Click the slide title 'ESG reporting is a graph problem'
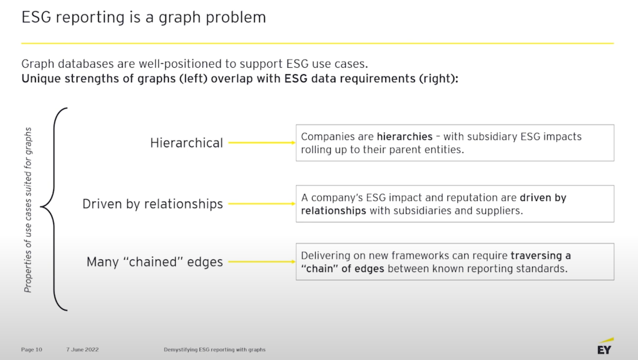143,17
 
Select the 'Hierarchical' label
186,143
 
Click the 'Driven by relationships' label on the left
153,204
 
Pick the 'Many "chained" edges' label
155,262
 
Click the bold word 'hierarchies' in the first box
404,136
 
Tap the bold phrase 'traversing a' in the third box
540,255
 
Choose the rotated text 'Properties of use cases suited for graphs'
28,209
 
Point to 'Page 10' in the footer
32,349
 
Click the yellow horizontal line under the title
317,44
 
